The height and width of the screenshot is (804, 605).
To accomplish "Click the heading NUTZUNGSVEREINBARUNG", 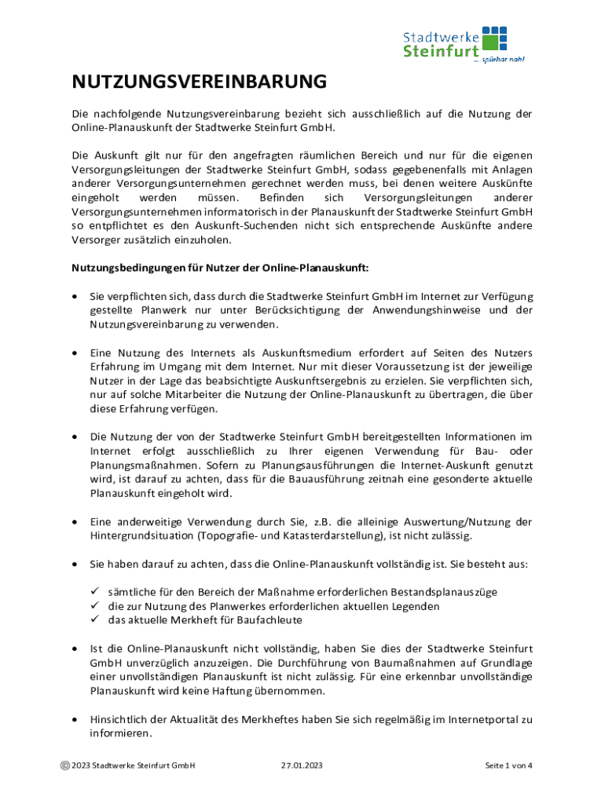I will [x=199, y=82].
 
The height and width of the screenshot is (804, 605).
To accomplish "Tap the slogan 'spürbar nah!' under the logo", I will [x=504, y=59].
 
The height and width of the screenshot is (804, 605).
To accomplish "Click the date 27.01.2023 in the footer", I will [x=301, y=766].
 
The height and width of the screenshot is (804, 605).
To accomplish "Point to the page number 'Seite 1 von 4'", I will [x=508, y=766].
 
